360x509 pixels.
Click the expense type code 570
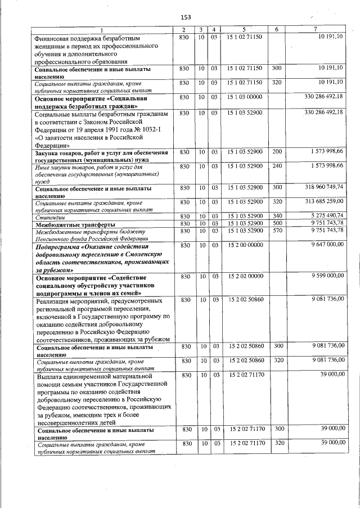276,231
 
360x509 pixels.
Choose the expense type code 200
276,152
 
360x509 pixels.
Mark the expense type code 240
276,166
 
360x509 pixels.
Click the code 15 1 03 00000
244,97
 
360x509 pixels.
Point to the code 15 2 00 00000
244,245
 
